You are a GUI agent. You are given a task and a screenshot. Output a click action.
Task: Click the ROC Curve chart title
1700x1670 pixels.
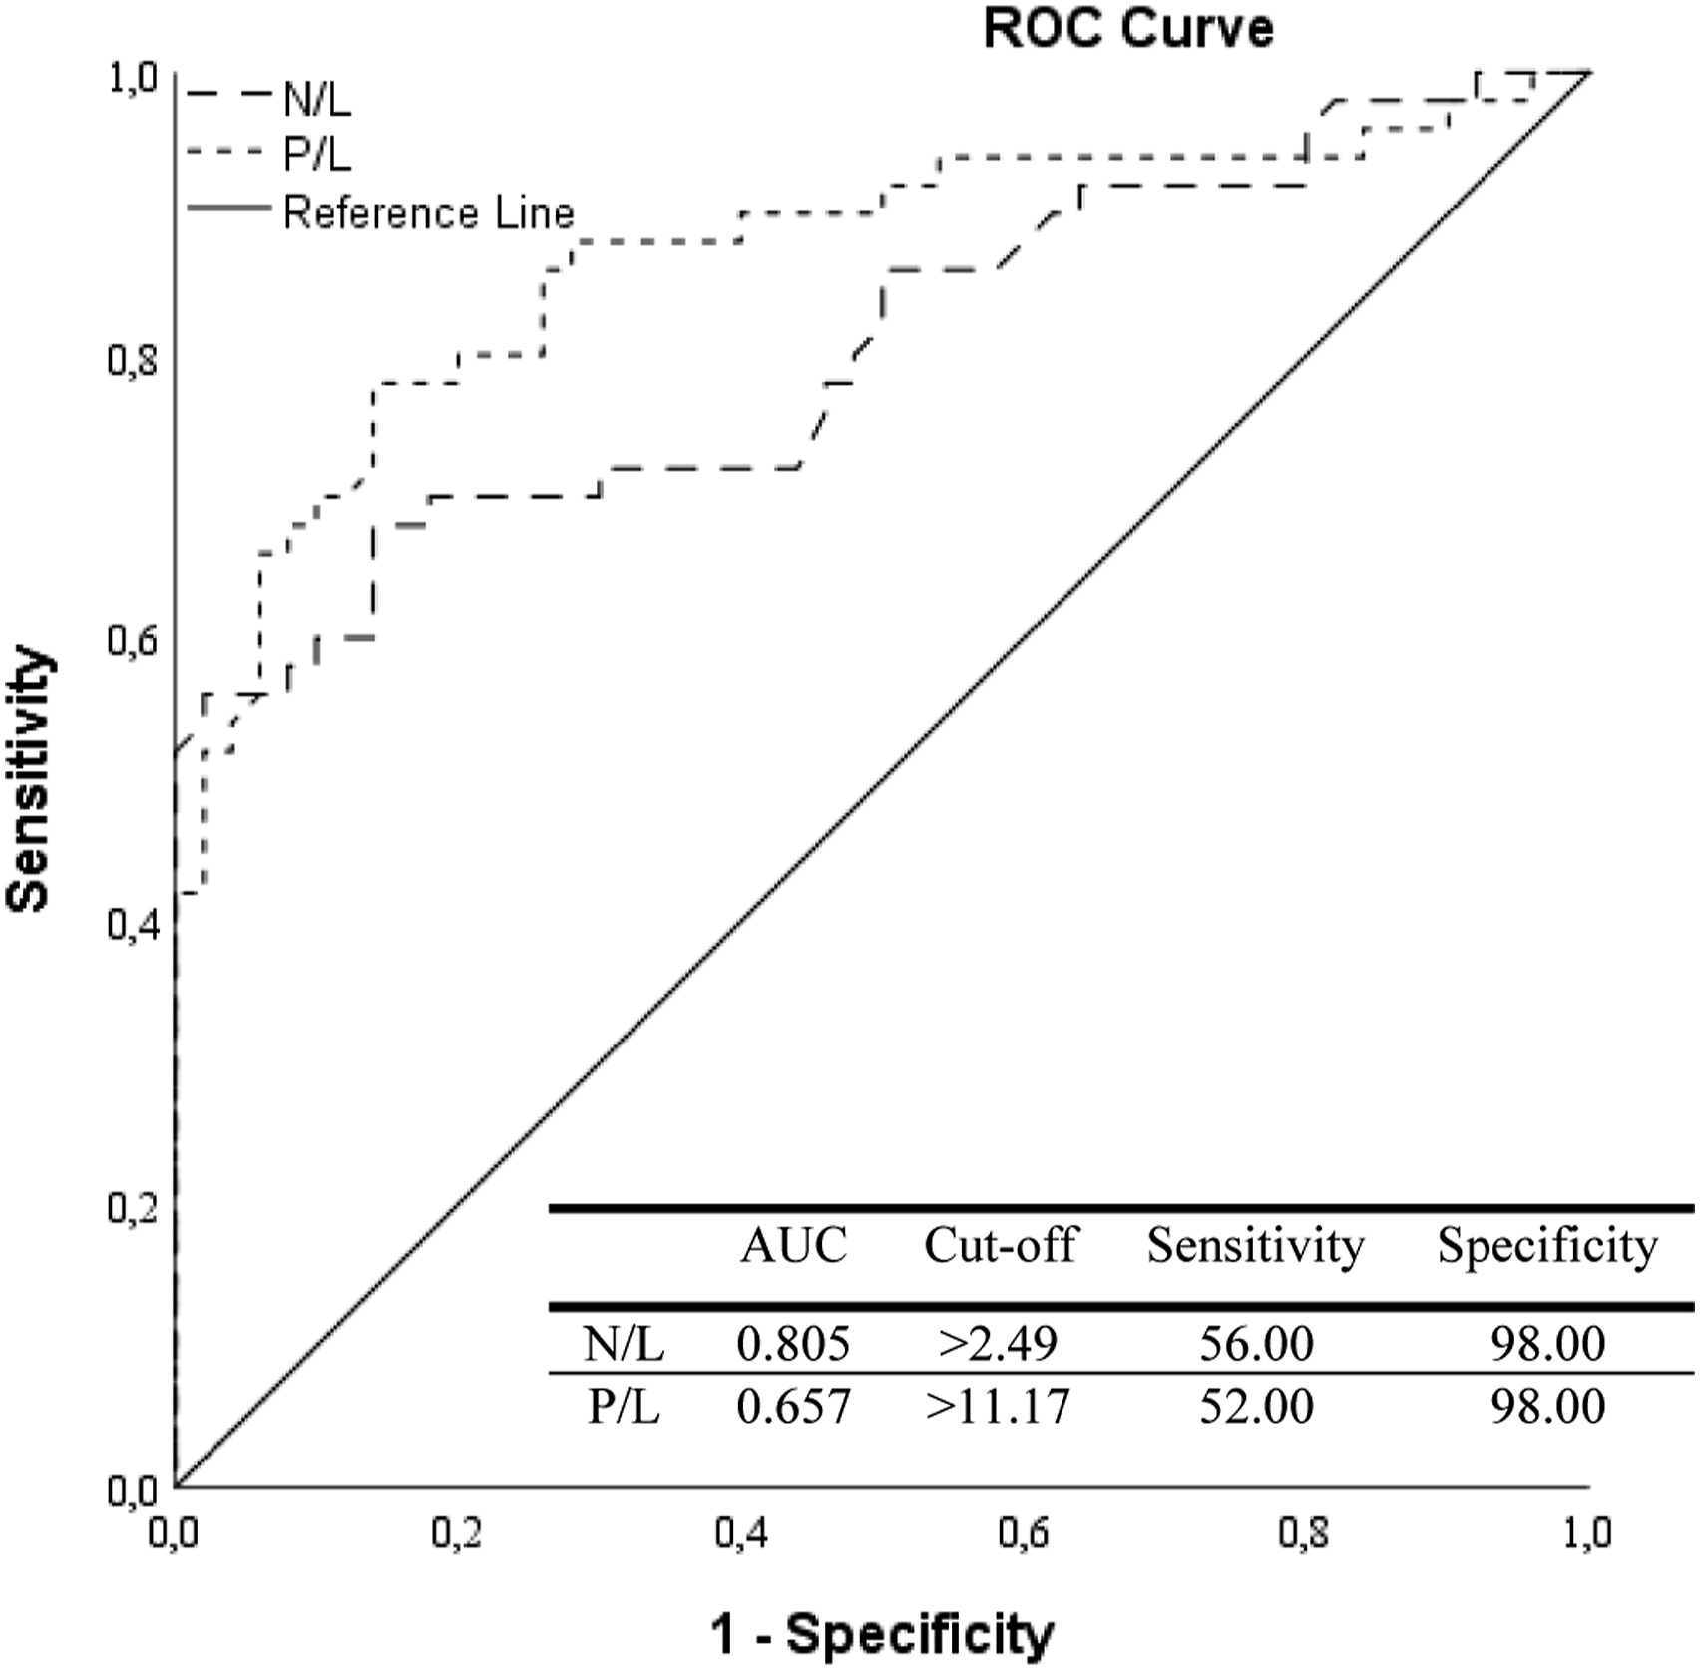pyautogui.click(x=1127, y=28)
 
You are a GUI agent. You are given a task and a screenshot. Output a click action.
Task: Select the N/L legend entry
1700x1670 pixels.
pyautogui.click(x=317, y=99)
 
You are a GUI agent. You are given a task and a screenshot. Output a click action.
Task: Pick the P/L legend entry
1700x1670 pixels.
pyautogui.click(x=317, y=155)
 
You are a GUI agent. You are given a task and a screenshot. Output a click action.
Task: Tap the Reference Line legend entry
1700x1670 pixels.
pyautogui.click(x=428, y=212)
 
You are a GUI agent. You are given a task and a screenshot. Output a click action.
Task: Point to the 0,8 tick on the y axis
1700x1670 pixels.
pyautogui.click(x=133, y=360)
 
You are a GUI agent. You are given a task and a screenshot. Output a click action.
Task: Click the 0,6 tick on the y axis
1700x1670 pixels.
pyautogui.click(x=133, y=641)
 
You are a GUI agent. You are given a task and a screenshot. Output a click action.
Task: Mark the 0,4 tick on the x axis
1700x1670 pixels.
pyautogui.click(x=741, y=1533)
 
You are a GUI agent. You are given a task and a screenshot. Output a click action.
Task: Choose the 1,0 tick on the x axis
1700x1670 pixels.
pyautogui.click(x=1586, y=1533)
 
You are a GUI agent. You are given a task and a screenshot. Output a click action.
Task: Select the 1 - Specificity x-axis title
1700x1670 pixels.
pyautogui.click(x=882, y=1634)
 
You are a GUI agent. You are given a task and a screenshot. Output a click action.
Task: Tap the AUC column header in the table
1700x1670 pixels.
pyautogui.click(x=793, y=1245)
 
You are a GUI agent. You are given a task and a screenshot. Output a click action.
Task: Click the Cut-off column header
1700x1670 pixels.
pyautogui.click(x=1000, y=1245)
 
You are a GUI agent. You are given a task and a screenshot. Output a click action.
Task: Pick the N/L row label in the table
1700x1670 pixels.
pyautogui.click(x=624, y=1344)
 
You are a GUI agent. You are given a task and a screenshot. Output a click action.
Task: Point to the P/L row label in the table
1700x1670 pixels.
pyautogui.click(x=624, y=1406)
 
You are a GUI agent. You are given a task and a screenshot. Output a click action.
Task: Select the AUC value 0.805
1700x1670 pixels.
pyautogui.click(x=793, y=1344)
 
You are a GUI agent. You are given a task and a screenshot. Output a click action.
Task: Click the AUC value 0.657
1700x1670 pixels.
pyautogui.click(x=793, y=1406)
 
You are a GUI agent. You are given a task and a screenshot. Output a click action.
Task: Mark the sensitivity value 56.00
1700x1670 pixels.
pyautogui.click(x=1256, y=1344)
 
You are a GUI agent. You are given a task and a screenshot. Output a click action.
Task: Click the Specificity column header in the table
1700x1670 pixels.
pyautogui.click(x=1547, y=1245)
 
